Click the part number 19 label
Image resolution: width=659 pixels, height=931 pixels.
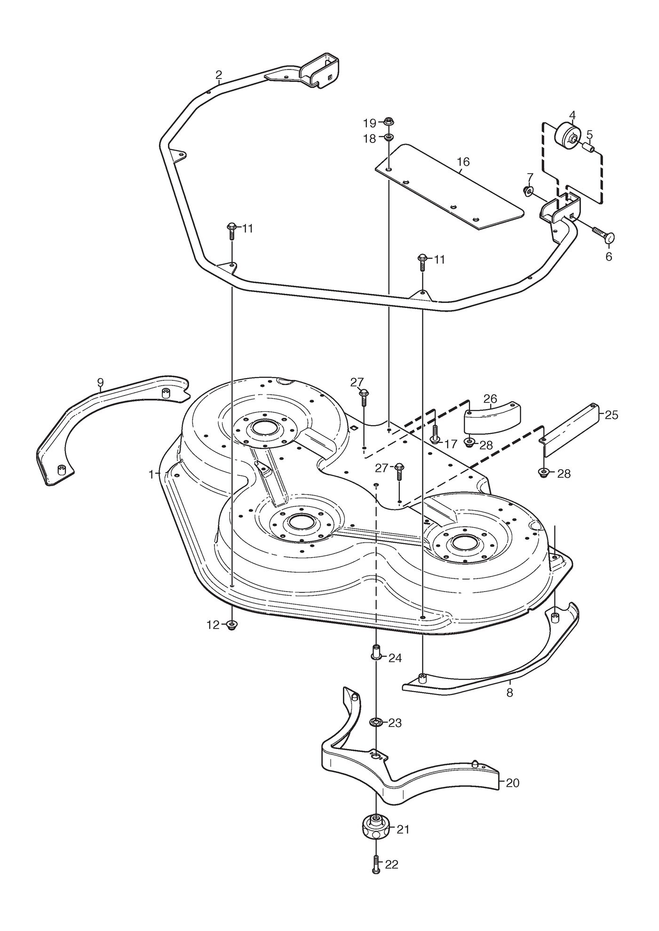tap(369, 123)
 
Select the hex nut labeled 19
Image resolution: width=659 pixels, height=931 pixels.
tap(389, 122)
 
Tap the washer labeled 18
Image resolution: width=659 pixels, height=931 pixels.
tap(389, 138)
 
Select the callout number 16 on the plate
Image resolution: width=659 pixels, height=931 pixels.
tap(463, 162)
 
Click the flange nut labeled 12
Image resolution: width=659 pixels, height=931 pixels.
tap(231, 625)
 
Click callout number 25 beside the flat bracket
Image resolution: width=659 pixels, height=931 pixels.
tap(611, 415)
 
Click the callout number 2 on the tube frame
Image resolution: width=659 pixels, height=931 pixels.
tap(219, 75)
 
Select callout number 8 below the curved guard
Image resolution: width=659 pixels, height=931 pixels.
tap(510, 693)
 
